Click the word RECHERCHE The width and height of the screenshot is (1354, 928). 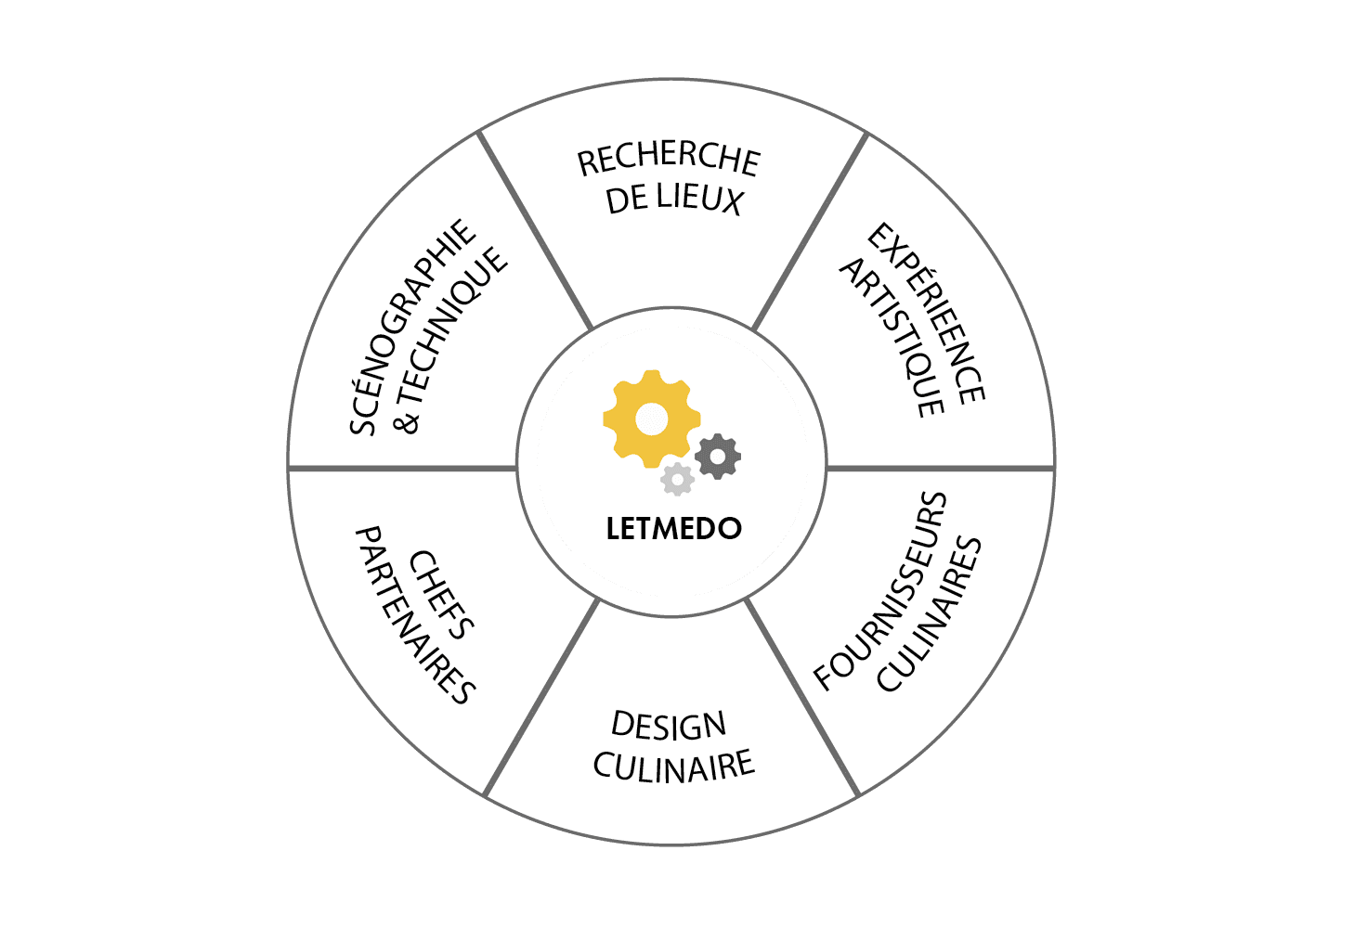[669, 159]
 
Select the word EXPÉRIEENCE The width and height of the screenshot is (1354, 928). [927, 313]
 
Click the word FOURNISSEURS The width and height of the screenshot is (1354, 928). [879, 591]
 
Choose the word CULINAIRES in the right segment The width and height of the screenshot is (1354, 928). [929, 613]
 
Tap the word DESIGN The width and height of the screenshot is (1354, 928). [669, 726]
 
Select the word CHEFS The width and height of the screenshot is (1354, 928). [441, 595]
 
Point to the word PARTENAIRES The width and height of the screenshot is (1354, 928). [415, 615]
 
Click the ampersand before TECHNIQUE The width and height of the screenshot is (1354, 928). [406, 421]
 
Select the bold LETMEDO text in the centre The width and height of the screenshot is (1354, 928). [674, 529]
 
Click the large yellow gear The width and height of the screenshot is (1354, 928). [652, 419]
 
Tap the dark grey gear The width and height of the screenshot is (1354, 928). [718, 457]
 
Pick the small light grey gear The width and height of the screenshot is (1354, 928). [678, 480]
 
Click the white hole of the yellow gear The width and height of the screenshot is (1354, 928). [652, 419]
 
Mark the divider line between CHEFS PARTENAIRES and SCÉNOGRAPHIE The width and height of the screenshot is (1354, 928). [402, 468]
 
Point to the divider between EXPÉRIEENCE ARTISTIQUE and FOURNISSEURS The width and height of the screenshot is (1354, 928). [941, 468]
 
